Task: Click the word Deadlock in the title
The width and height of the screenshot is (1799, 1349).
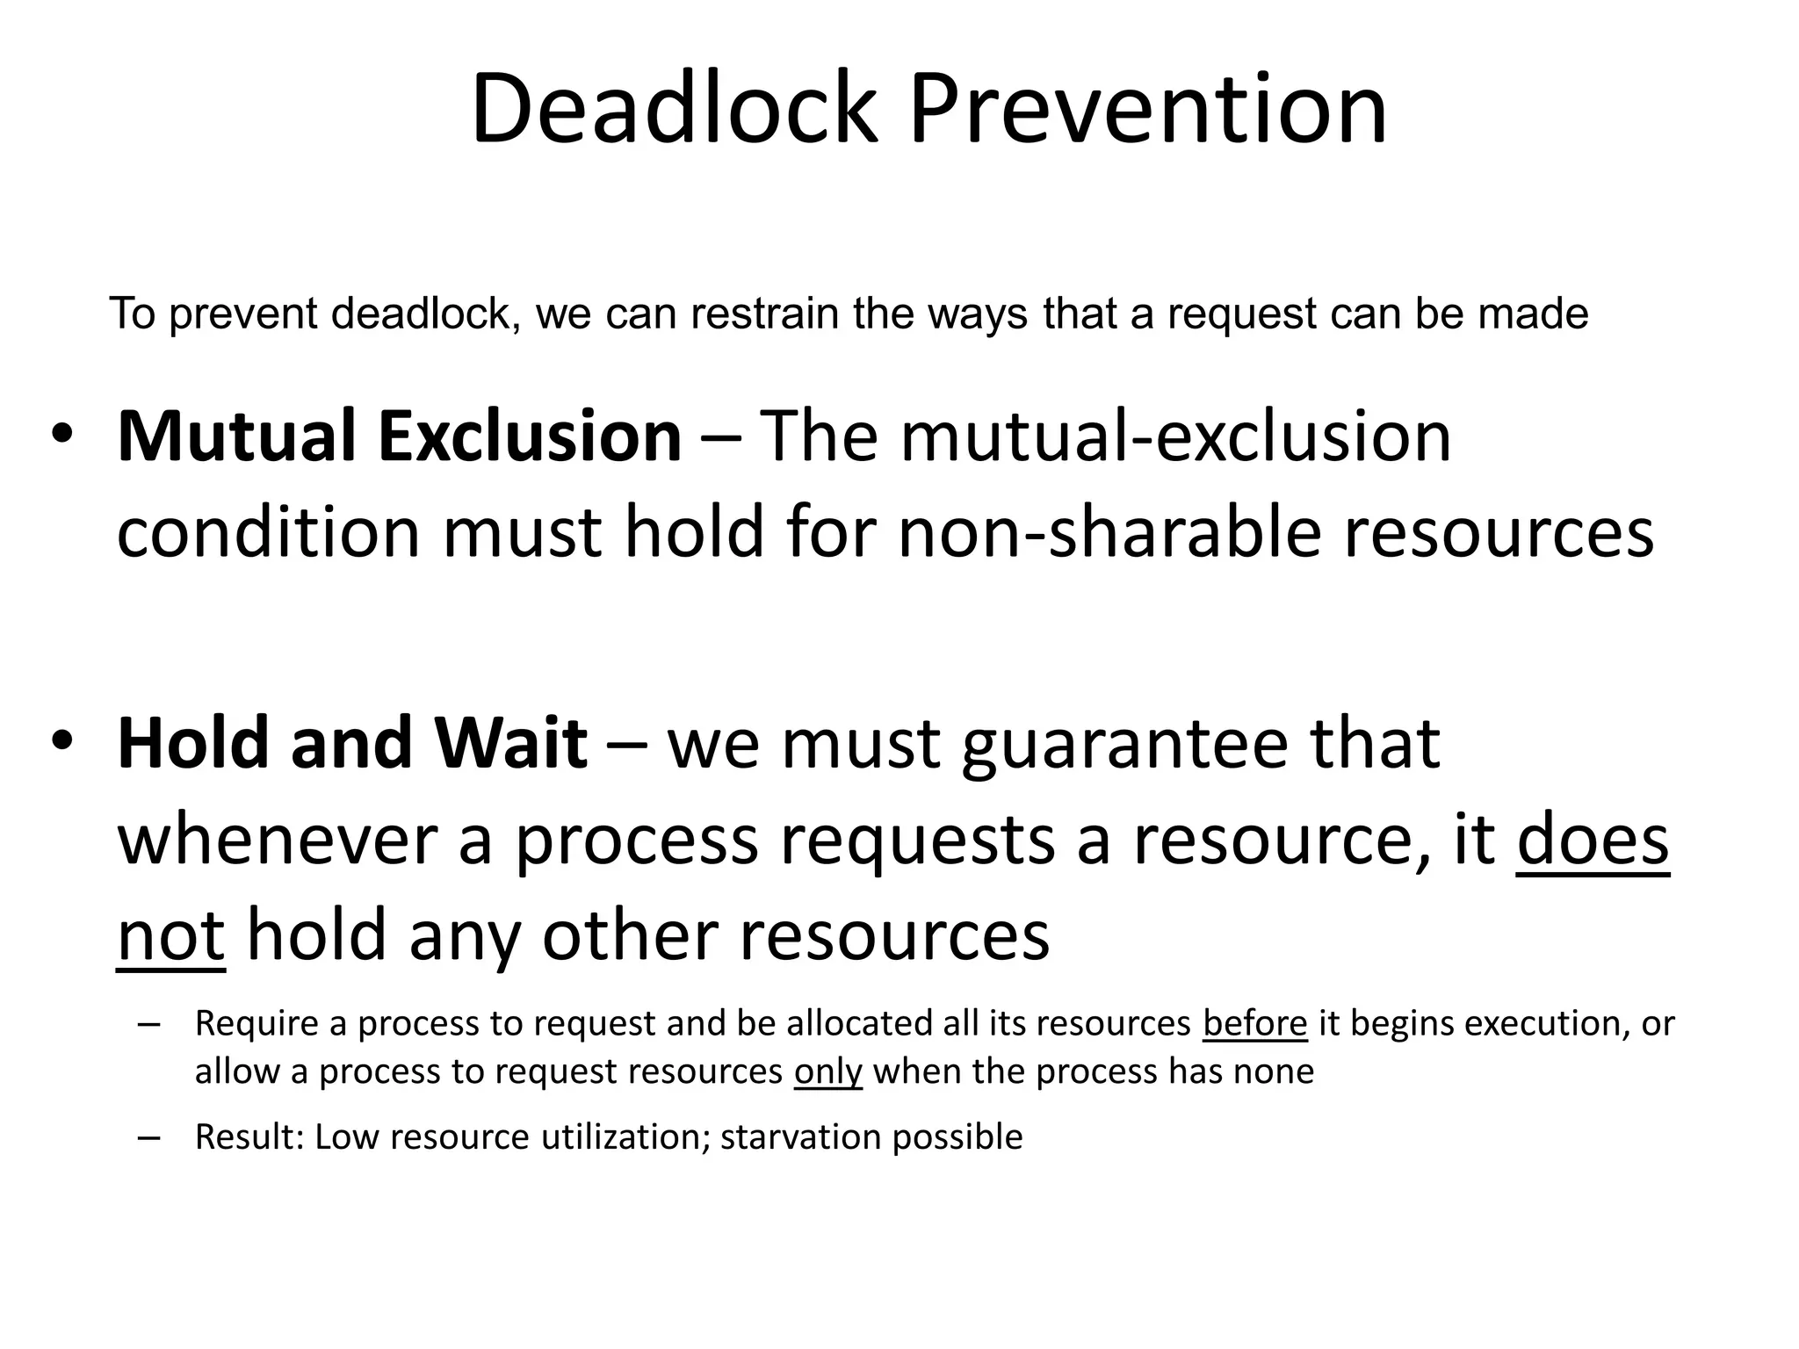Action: click(674, 109)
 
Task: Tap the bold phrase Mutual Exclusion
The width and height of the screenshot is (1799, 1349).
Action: click(399, 436)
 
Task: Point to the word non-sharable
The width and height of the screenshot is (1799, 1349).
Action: click(1109, 533)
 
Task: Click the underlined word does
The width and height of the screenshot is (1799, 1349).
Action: click(1592, 840)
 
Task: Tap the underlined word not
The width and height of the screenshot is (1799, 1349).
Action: click(171, 936)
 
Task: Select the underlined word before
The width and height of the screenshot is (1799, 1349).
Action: click(1255, 1024)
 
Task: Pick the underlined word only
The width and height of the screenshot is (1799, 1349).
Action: click(827, 1072)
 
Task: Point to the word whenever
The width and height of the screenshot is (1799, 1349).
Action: click(277, 840)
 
